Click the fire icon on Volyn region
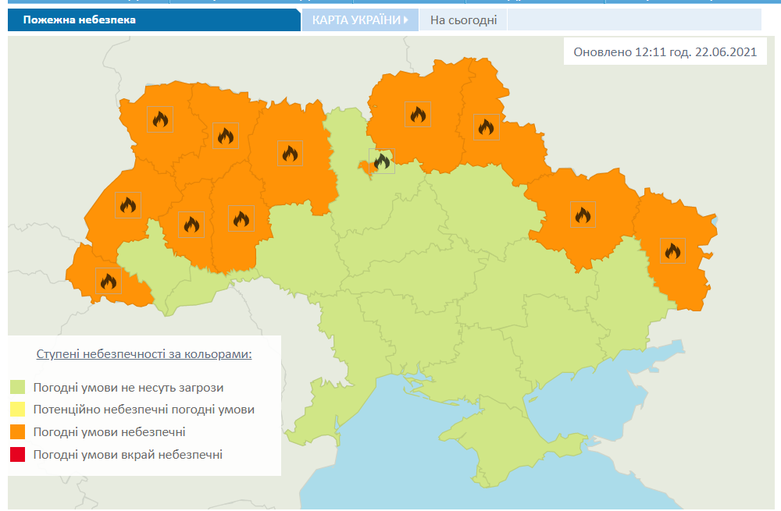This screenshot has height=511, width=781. (160, 119)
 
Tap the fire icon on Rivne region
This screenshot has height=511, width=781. (226, 137)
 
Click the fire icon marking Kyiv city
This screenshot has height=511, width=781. (382, 161)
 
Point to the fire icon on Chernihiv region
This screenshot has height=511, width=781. (418, 115)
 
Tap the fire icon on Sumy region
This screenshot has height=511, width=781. (486, 126)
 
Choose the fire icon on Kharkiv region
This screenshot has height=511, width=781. (583, 215)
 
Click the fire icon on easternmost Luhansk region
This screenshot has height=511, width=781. (672, 251)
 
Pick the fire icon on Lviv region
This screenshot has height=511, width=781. (128, 205)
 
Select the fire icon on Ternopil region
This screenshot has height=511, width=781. (191, 225)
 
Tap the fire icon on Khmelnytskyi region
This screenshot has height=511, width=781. (241, 218)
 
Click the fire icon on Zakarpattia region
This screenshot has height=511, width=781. (109, 281)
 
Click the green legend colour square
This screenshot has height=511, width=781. (17, 387)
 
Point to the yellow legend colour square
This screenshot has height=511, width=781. (17, 410)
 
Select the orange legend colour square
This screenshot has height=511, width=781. (17, 432)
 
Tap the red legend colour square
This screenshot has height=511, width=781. (17, 455)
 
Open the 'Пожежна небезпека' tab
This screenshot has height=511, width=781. (79, 20)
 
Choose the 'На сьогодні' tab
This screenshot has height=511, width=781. (463, 20)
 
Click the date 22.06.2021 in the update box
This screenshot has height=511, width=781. (725, 52)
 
